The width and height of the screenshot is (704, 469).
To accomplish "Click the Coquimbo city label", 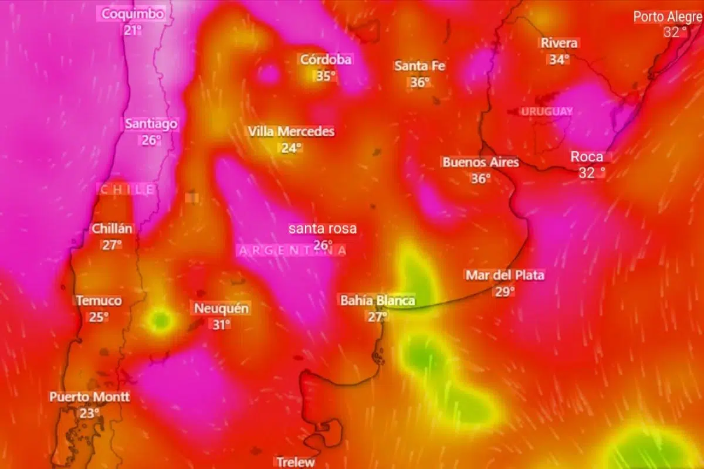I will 133,14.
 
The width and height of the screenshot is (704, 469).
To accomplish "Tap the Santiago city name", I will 151,124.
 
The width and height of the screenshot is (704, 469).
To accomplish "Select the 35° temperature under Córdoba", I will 326,76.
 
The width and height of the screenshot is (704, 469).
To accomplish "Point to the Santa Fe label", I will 419,66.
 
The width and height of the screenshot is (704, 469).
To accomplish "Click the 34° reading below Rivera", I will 559,60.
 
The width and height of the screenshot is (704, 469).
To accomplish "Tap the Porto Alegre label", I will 668,16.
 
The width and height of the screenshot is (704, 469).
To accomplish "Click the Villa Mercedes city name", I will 291,131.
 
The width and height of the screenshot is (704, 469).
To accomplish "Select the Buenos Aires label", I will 480,162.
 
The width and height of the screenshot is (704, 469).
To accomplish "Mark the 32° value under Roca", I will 591,173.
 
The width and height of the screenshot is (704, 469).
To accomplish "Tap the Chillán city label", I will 112,229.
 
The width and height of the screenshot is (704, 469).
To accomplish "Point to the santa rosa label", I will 322,229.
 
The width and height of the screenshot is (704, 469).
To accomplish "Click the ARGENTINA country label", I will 292,250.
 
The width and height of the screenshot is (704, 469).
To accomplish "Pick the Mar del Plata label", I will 505,275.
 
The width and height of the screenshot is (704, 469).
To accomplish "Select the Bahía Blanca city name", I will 377,301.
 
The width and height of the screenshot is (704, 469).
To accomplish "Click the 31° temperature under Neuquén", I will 221,325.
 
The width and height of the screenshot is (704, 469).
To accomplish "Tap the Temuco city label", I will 99,301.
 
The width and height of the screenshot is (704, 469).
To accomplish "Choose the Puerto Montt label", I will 90,397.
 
